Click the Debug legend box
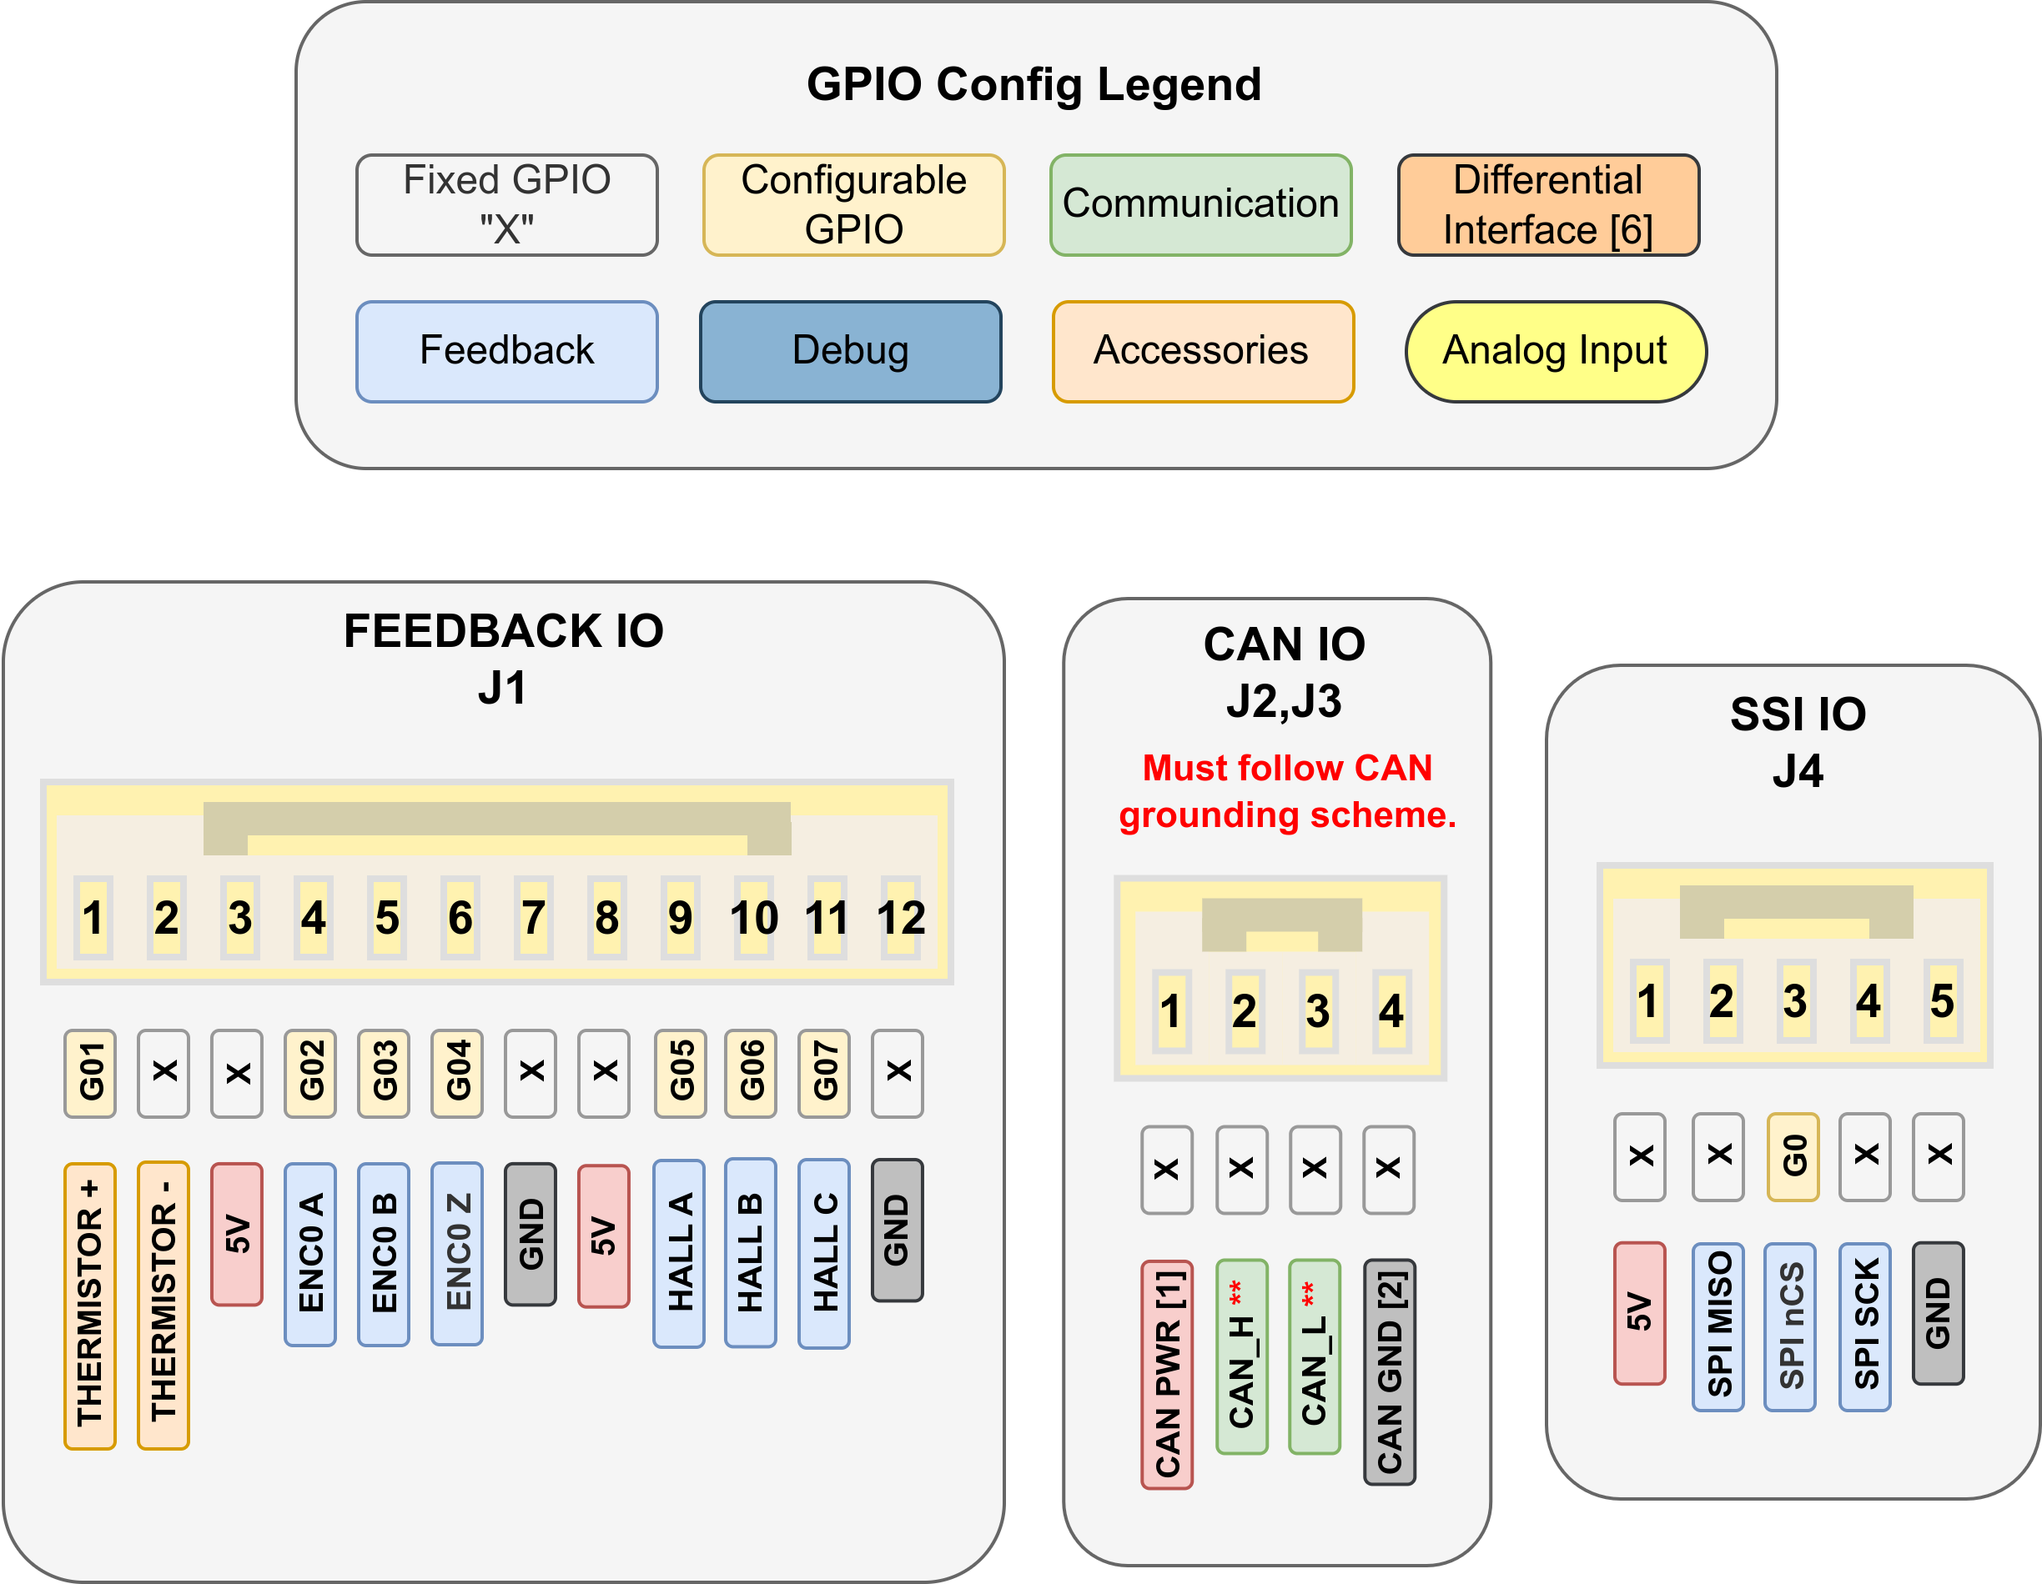coord(850,351)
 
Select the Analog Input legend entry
coord(1555,351)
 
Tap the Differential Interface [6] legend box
coord(1547,204)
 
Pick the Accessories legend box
coord(1202,351)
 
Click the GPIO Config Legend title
coord(1034,84)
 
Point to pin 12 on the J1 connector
coord(900,918)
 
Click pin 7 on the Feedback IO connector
coord(533,918)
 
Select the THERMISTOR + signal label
coord(90,1306)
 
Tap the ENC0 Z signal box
coord(457,1253)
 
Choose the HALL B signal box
coord(751,1252)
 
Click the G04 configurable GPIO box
coord(457,1073)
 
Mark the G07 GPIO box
coord(823,1073)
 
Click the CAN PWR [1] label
coord(1166,1374)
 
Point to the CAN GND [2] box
coord(1390,1372)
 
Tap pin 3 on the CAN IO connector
coord(1317,1011)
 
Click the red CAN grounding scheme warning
coord(1286,791)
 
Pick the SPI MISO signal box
coord(1718,1326)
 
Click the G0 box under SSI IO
coord(1793,1156)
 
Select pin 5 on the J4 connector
coord(1941,1001)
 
